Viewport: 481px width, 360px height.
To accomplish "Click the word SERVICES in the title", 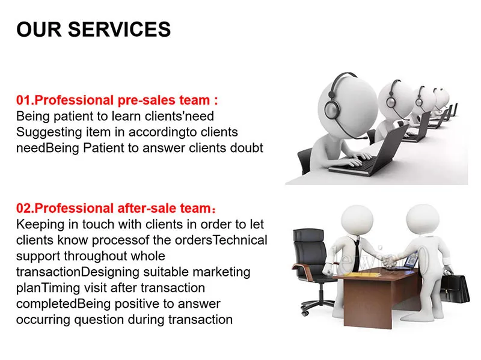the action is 119,29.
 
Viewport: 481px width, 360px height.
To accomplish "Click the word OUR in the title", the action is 38,29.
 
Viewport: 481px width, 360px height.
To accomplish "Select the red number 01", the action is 24,100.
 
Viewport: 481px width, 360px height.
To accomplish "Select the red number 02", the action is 24,208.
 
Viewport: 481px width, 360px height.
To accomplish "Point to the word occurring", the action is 43,320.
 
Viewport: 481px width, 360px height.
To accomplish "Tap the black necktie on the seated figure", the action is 357,255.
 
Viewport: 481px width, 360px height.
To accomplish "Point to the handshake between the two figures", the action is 390,261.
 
